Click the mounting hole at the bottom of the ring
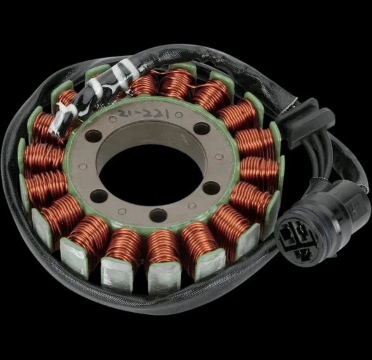click(x=158, y=215)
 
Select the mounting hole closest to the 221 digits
click(x=201, y=128)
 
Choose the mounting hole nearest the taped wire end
click(x=93, y=136)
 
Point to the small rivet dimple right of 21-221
click(x=179, y=115)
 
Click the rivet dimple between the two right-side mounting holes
click(x=219, y=157)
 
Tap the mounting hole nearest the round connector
click(x=211, y=188)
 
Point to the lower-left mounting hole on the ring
click(x=99, y=196)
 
